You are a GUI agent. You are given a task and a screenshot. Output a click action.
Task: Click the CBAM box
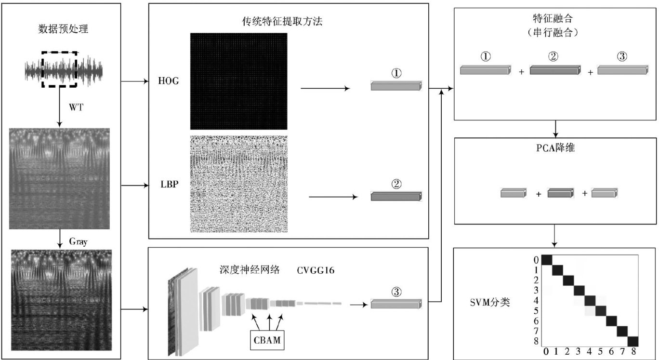(x=266, y=341)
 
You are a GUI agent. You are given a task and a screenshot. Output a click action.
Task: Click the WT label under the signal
(x=76, y=107)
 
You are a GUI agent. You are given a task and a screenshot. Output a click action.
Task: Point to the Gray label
(x=78, y=242)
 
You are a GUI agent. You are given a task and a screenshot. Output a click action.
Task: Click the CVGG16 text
(x=316, y=270)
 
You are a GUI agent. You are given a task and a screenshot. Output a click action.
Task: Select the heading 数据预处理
(x=63, y=28)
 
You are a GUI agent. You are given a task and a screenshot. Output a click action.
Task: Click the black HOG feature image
(x=238, y=81)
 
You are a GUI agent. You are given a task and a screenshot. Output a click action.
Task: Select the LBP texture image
(x=238, y=184)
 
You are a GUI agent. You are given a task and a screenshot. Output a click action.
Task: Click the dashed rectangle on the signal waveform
(x=59, y=69)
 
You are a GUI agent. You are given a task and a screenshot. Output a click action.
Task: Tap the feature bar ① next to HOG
(x=396, y=86)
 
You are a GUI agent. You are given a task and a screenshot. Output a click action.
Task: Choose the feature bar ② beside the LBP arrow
(x=396, y=196)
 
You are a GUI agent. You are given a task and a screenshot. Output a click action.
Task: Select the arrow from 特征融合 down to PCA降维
(x=556, y=129)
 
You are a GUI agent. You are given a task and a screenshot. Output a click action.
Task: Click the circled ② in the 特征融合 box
(x=554, y=56)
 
